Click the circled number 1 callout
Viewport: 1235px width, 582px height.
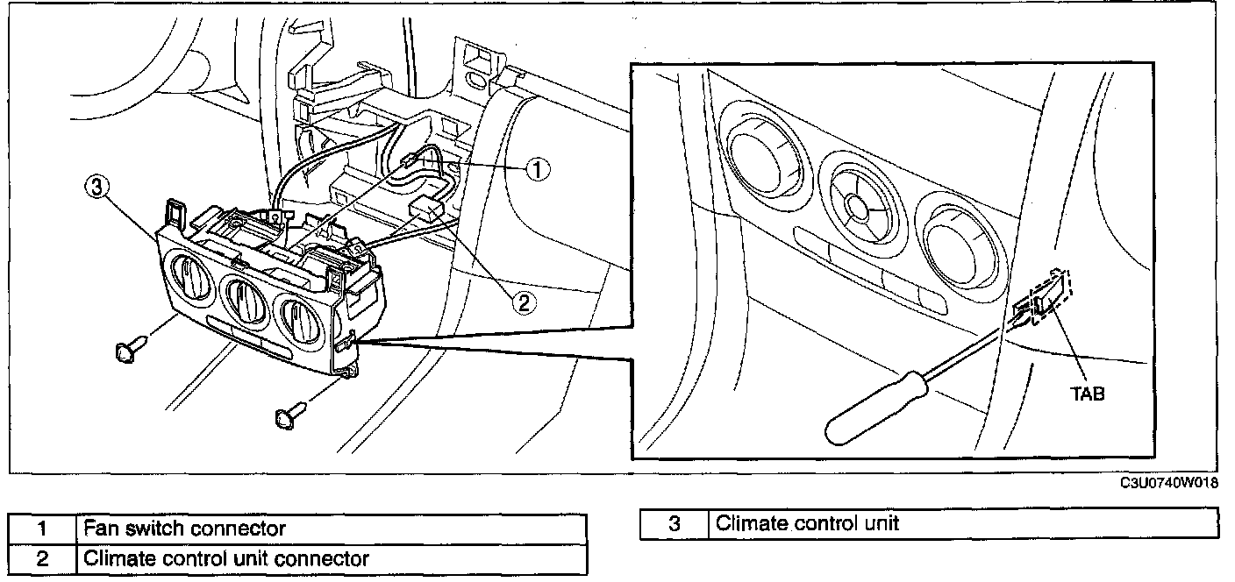tap(537, 169)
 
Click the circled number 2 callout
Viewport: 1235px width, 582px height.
tap(524, 302)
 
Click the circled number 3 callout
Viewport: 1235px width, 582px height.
tap(96, 188)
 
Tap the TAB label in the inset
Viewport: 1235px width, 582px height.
tap(1088, 394)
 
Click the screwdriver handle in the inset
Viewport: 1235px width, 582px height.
tap(876, 408)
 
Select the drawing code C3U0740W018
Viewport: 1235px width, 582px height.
tap(1169, 483)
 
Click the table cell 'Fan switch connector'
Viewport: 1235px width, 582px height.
tap(331, 529)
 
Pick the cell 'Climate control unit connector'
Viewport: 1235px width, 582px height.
tap(331, 559)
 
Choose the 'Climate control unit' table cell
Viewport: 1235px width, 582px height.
tap(962, 523)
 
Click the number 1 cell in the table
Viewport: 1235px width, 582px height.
tap(42, 529)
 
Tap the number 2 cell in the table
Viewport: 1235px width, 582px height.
tap(42, 559)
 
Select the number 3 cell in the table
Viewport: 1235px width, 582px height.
tap(675, 523)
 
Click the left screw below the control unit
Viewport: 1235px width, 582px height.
tap(132, 348)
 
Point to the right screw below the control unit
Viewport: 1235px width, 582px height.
tap(290, 415)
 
